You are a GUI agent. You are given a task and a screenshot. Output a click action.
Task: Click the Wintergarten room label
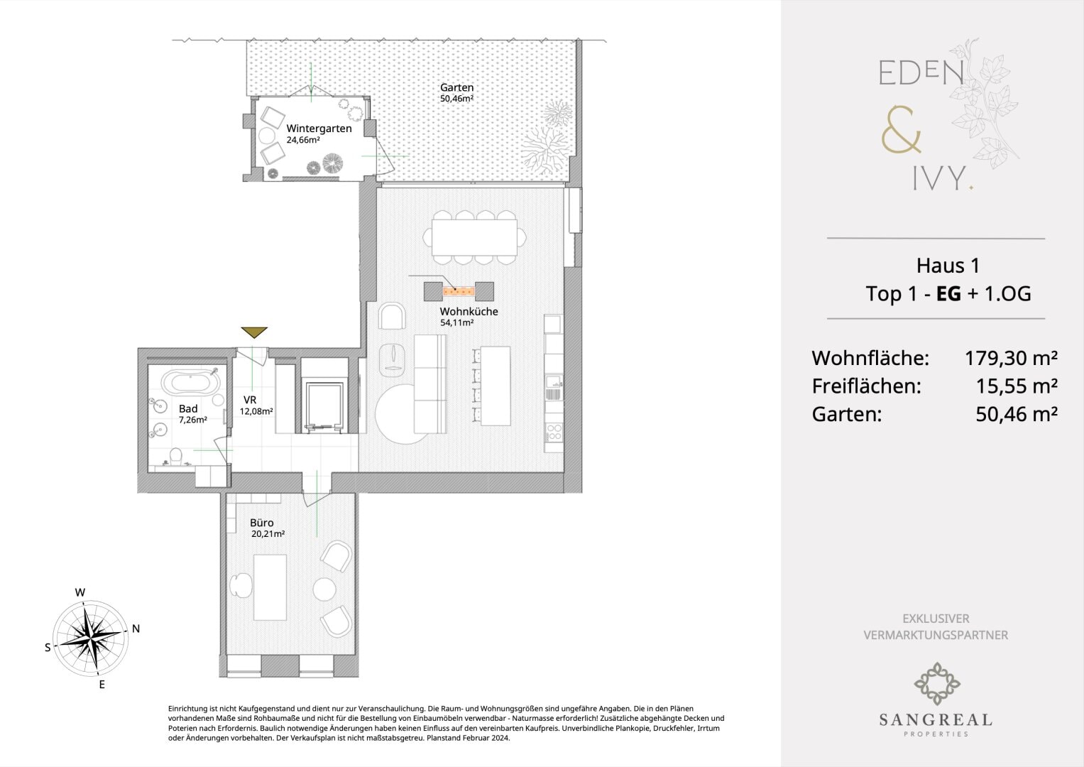(319, 129)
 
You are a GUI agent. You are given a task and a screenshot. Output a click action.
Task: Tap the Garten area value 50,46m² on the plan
(456, 98)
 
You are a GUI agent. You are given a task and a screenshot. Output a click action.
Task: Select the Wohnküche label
(469, 311)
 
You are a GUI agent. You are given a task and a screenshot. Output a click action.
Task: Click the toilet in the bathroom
(175, 457)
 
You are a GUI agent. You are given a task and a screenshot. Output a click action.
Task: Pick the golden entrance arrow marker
(254, 332)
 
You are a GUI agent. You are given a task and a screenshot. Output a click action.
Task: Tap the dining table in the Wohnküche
(474, 237)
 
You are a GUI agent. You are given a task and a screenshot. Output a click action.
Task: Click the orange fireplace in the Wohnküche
(459, 291)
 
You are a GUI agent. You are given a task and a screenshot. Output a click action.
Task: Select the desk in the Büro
(270, 587)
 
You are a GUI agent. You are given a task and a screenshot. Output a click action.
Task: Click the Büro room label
(262, 523)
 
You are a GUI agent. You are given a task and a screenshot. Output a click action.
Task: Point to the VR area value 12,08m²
(256, 412)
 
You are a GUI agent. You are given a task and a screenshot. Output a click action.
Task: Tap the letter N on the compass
(136, 629)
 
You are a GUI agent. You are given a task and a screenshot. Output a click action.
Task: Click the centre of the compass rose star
(91, 638)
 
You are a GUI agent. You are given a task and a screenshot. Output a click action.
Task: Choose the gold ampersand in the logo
(901, 130)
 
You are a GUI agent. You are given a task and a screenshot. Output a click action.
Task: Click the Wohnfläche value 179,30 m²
(1011, 359)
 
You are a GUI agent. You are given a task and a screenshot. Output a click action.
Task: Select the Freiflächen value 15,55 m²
(1017, 386)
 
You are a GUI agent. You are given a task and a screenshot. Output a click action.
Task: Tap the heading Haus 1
(948, 266)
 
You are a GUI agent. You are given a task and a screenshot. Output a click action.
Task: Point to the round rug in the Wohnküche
(402, 414)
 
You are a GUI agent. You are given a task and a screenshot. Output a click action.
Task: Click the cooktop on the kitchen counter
(554, 432)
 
